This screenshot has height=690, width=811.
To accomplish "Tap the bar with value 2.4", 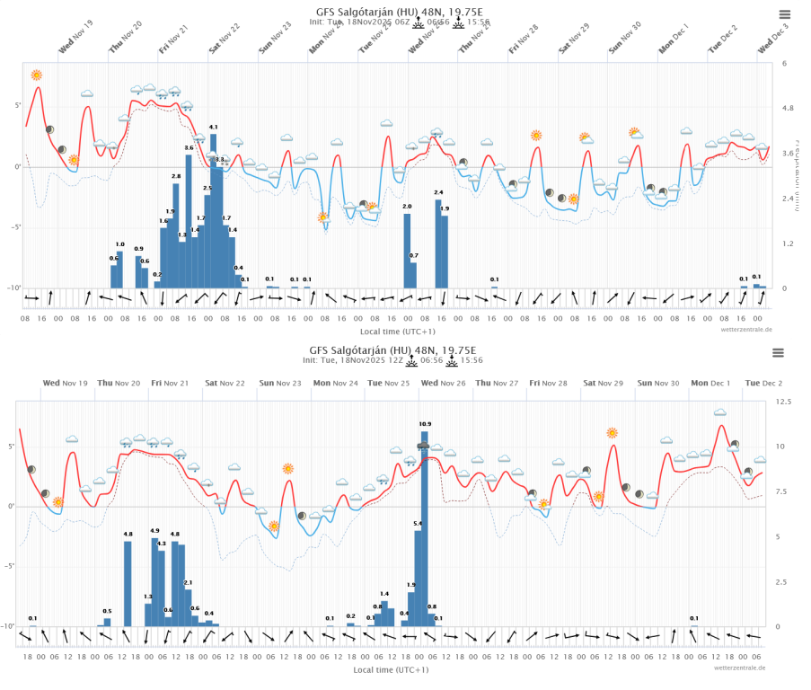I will (438, 243).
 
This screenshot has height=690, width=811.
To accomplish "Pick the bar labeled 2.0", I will (407, 251).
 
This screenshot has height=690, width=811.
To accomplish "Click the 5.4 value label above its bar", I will (418, 523).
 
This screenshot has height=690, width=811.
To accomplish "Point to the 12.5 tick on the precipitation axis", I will (783, 402).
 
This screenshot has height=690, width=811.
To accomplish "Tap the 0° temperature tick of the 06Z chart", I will (15, 167).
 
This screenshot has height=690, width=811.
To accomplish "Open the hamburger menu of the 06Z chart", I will (785, 14).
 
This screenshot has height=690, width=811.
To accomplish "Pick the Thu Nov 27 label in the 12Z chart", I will (496, 384).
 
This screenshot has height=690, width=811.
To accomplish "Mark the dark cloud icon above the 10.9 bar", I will (423, 446).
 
